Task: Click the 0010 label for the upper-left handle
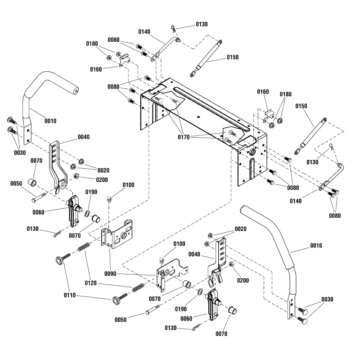tap(50, 121)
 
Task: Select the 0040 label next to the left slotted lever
tap(84, 137)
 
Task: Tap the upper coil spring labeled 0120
tap(84, 248)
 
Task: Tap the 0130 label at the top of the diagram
tap(202, 24)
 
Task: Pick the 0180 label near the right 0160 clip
tap(285, 94)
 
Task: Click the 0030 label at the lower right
tap(328, 299)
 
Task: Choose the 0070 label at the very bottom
tap(221, 334)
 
